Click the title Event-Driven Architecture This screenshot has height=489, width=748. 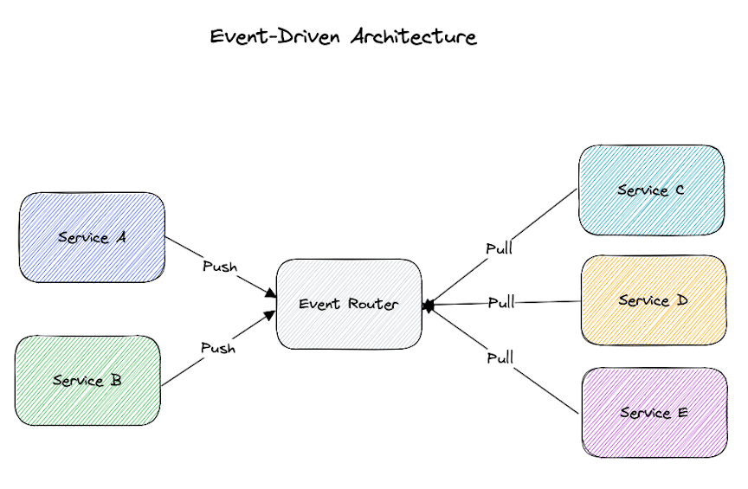tap(344, 37)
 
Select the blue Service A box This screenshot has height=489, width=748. tap(92, 237)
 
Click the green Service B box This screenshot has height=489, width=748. tap(87, 380)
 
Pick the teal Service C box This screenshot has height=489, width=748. tap(651, 190)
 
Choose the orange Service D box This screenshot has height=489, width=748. tap(654, 300)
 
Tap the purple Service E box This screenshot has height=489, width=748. tap(654, 413)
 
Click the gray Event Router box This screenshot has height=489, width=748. tap(349, 304)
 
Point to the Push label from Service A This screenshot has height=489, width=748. tap(219, 266)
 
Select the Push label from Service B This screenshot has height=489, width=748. tap(218, 348)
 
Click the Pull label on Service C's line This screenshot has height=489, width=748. tap(499, 249)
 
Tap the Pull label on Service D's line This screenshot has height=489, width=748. tap(501, 303)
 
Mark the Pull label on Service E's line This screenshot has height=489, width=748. tap(500, 357)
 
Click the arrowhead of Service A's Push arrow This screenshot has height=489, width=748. tap(271, 295)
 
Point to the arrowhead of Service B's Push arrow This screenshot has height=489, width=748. tap(271, 314)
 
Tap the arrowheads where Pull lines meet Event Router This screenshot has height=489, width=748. tap(428, 306)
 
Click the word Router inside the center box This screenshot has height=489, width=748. tap(373, 304)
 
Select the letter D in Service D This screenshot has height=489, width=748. tap(682, 300)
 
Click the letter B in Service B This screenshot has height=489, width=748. tap(116, 380)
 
